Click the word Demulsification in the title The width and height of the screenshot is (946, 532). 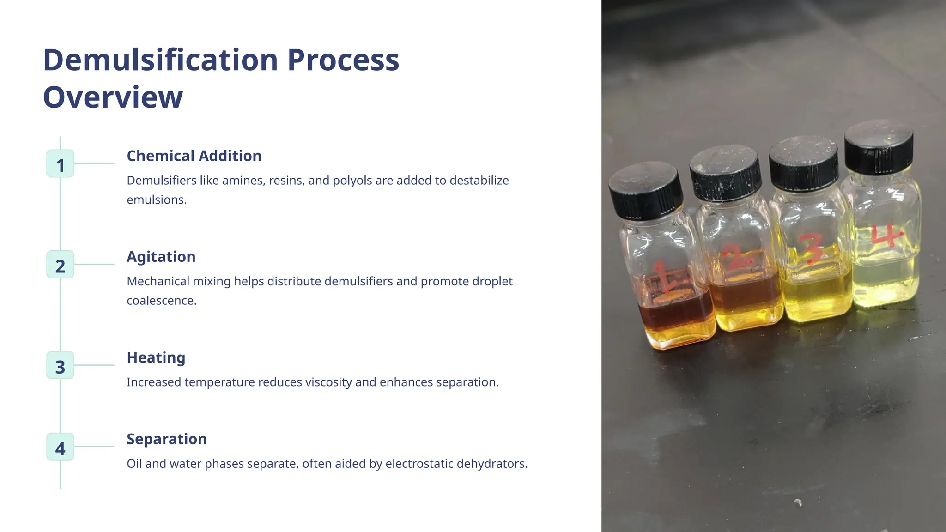point(160,60)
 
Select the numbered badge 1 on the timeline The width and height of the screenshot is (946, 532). point(60,164)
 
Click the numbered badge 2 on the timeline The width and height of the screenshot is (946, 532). point(60,265)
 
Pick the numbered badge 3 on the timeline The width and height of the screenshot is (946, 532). point(60,365)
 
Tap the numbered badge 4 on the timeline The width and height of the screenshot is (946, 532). point(60,447)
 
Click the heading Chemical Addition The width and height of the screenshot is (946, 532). point(194,156)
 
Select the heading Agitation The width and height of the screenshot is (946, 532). point(161,257)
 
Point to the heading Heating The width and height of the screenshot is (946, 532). point(156,357)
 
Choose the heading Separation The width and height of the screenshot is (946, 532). point(167,439)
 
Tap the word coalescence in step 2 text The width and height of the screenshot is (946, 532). point(162,301)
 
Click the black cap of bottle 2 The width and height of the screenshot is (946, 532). point(726,173)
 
